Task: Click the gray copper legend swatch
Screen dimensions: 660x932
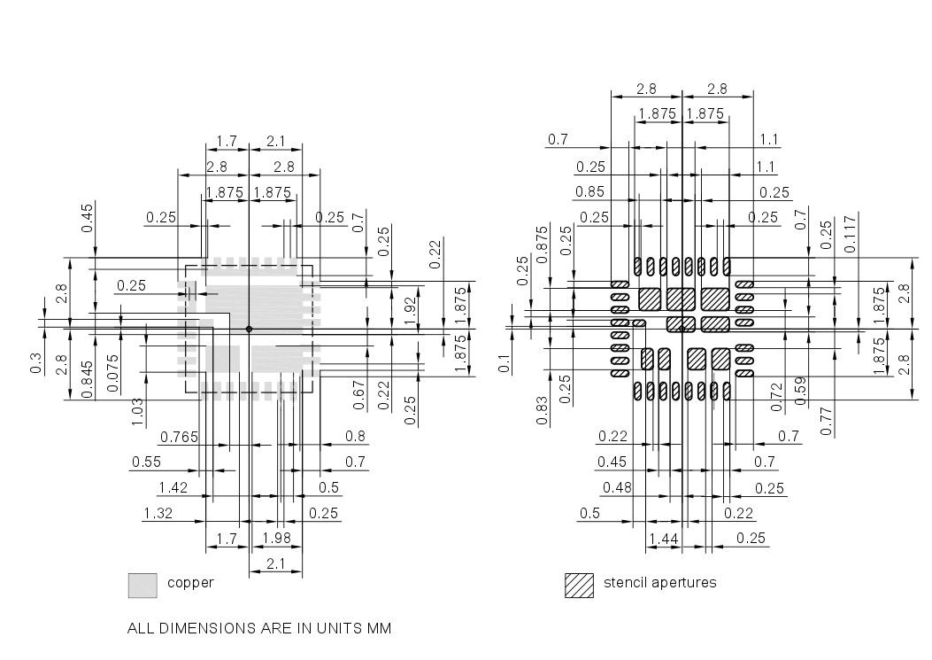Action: [x=142, y=585]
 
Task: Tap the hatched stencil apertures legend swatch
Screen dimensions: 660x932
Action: [x=579, y=585]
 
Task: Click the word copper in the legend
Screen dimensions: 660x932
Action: [x=190, y=583]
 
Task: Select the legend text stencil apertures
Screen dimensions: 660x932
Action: [x=659, y=583]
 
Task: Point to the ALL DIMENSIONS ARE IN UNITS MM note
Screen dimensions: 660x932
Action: [x=259, y=628]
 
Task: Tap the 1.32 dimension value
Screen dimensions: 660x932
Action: [x=158, y=513]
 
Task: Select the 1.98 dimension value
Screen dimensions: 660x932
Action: [x=276, y=539]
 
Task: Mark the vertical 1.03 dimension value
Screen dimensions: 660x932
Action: [x=137, y=411]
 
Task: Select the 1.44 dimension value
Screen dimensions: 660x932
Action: [x=664, y=539]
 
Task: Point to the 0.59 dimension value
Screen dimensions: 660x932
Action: [x=801, y=390]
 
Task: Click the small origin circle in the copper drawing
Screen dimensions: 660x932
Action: [x=249, y=330]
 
